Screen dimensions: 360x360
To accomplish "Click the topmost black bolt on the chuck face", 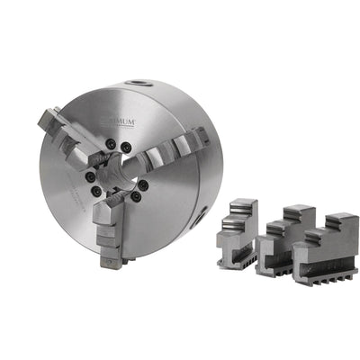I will click(x=110, y=143).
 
